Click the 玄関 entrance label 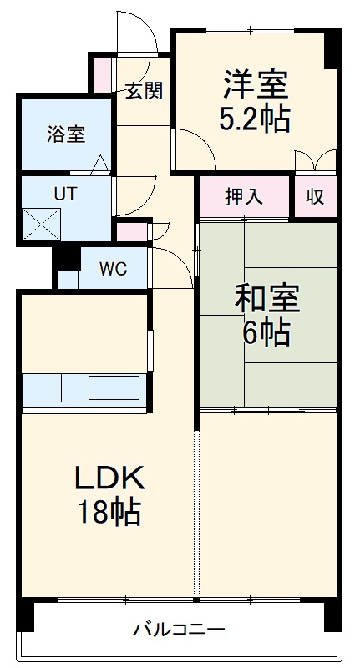[x=144, y=91]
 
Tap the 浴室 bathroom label [x=65, y=134]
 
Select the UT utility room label [x=65, y=193]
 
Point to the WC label [x=114, y=269]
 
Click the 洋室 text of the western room [x=256, y=84]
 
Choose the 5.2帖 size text [x=255, y=119]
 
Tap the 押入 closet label [x=244, y=197]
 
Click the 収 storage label [x=315, y=197]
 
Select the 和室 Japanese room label [x=266, y=298]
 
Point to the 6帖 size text [x=266, y=333]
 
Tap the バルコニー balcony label [x=179, y=629]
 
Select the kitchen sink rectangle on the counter [x=114, y=388]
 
